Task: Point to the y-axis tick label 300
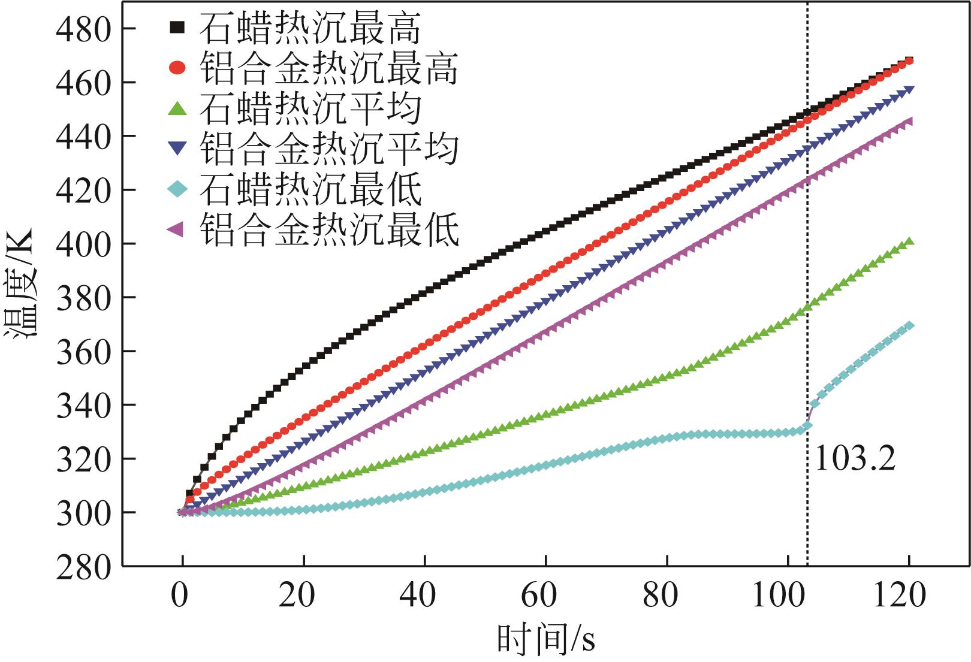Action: coord(83,513)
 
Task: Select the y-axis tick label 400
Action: coord(83,244)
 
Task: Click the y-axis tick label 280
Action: coord(83,567)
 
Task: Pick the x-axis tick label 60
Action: coord(539,596)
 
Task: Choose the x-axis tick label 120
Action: coord(900,596)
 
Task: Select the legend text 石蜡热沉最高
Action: coord(310,28)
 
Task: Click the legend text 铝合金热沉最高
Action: coord(329,68)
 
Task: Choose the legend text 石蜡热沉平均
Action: coord(310,108)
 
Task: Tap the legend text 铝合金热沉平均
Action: coord(329,149)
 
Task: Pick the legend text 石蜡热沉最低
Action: coord(310,189)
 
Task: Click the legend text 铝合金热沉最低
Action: coord(329,229)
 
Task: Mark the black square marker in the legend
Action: coord(177,28)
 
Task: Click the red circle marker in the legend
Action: coord(177,68)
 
